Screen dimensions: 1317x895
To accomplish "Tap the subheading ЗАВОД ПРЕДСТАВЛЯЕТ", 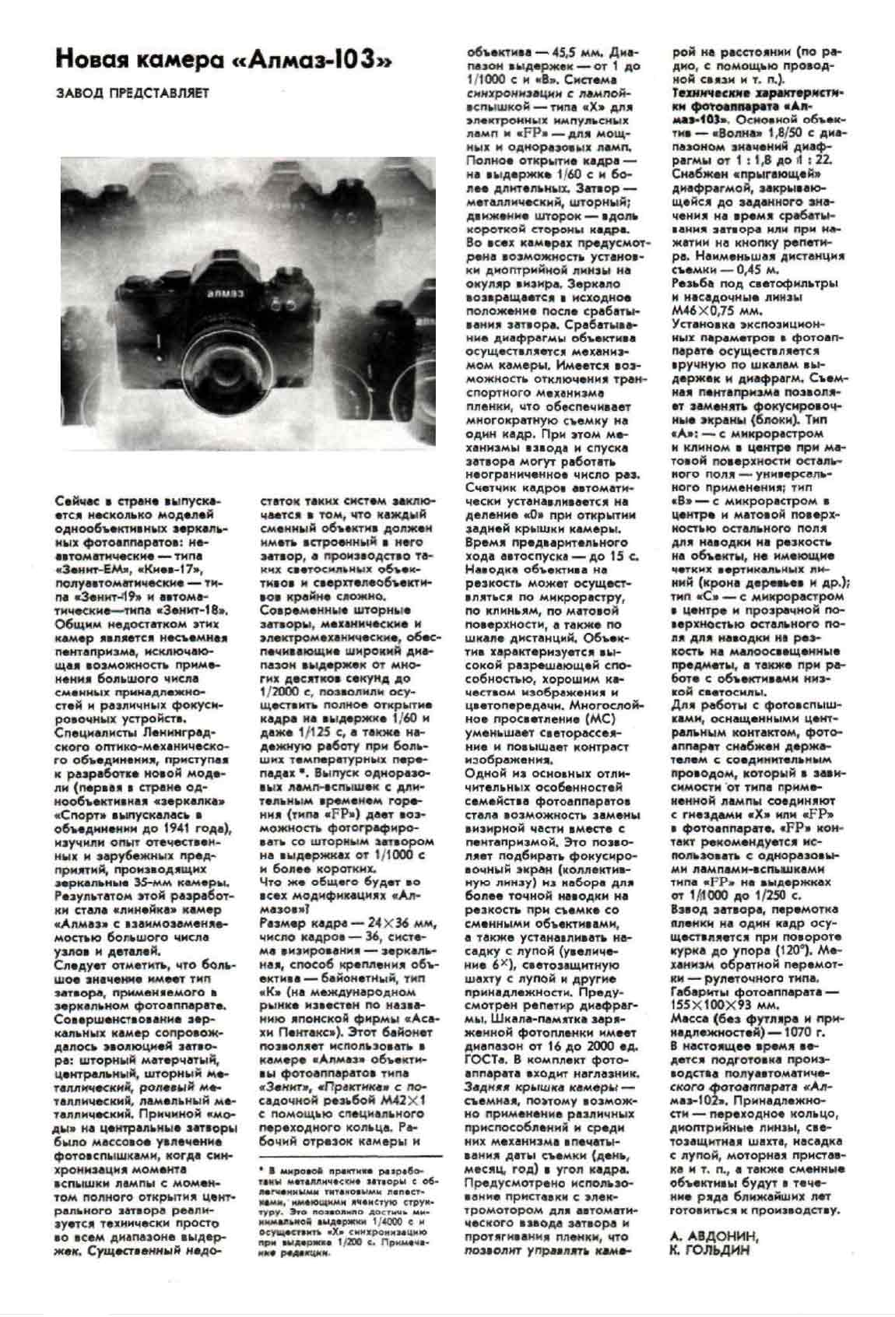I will click(132, 93).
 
